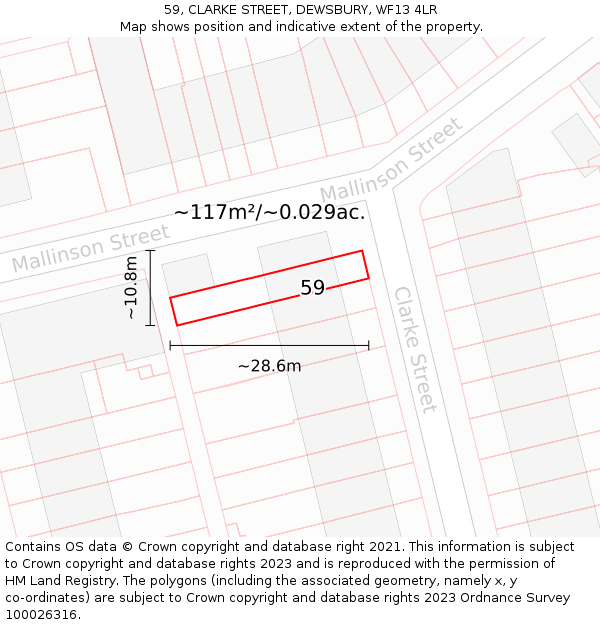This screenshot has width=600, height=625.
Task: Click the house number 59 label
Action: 312,288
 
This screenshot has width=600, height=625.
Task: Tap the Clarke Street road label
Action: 415,349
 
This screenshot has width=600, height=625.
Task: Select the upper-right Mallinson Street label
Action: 392,159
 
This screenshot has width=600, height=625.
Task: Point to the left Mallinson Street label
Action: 90,249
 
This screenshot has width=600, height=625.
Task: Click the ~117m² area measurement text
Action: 215,212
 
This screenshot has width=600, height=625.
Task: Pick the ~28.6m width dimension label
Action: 269,366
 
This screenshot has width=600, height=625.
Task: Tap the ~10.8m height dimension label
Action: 130,288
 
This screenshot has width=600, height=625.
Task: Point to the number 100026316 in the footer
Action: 41,614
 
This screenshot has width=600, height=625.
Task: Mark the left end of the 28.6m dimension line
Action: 170,346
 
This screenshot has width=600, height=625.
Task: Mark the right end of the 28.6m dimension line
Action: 369,346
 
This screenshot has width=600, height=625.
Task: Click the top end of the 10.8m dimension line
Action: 150,250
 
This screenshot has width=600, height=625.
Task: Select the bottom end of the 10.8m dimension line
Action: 150,325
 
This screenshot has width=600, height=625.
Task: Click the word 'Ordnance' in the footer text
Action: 495,598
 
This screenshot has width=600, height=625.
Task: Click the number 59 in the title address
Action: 173,10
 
